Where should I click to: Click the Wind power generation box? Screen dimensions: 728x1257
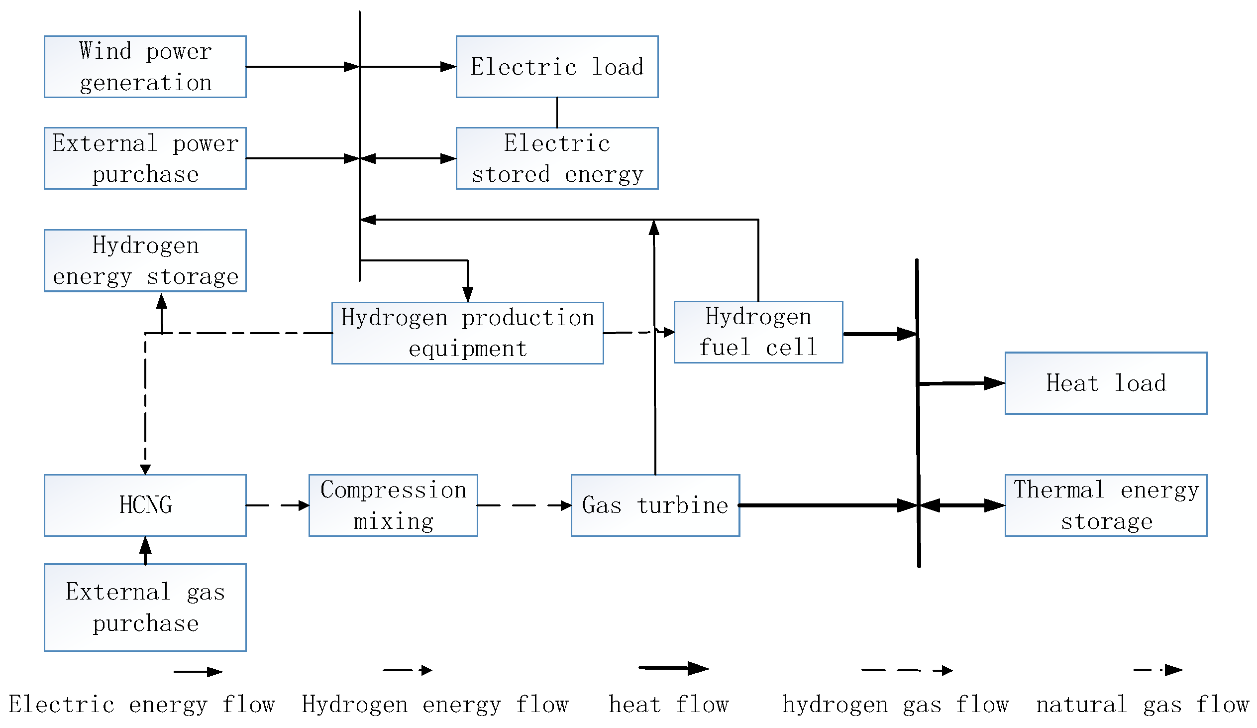145,67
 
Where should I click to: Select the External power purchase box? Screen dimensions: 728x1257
145,159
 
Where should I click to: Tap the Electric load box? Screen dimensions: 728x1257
557,67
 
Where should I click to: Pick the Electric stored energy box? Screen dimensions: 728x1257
557,159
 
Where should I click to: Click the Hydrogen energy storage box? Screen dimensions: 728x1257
145,261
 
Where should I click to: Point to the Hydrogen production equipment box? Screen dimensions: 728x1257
467,333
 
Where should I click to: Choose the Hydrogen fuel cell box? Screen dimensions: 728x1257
758,332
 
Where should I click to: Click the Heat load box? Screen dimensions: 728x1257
1106,384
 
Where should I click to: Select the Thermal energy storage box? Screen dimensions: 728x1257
1106,505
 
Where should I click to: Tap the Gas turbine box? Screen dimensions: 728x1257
655,505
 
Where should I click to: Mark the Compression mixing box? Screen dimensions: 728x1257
393,505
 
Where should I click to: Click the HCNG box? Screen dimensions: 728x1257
145,505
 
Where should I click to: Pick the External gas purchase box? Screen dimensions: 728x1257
145,608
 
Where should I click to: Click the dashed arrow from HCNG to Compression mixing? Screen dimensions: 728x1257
277,505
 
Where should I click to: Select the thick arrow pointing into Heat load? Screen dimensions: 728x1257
961,384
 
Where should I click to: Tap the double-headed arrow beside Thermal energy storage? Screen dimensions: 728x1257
962,505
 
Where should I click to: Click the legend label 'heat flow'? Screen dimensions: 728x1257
668,705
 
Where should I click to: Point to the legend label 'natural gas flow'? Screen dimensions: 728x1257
1142,705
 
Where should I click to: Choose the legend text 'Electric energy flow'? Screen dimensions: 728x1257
142,705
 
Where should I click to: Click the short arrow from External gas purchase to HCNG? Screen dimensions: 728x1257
145,551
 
